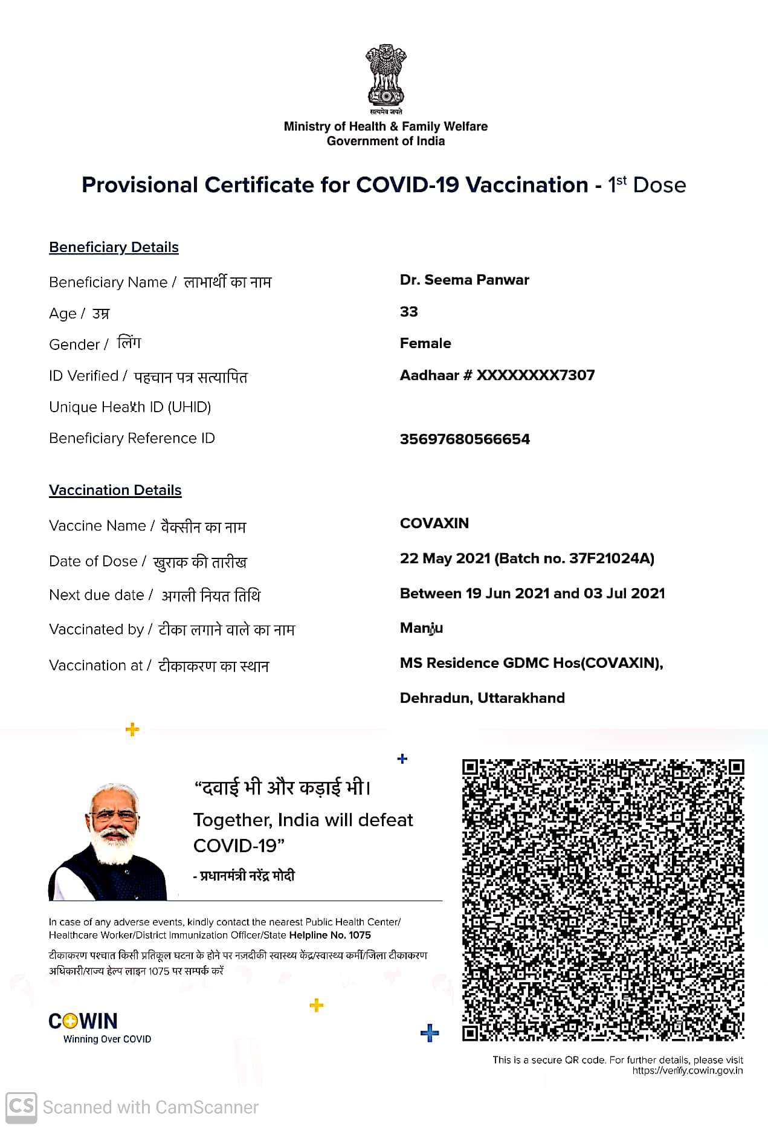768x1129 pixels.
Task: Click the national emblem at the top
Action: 385,76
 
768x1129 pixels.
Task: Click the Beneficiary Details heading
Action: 114,247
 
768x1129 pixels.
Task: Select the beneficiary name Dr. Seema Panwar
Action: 464,280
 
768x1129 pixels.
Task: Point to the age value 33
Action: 408,312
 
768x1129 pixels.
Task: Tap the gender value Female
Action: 425,343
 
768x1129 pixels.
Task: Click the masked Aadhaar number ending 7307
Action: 497,375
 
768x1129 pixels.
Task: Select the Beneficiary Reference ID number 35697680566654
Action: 465,439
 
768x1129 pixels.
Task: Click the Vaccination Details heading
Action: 115,490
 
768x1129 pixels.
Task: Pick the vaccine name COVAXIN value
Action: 434,523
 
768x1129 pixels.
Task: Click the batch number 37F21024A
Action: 610,558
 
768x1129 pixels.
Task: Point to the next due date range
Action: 532,594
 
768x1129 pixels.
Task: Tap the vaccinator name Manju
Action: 421,629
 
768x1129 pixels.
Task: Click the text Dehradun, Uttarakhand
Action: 482,698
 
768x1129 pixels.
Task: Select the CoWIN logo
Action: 83,1022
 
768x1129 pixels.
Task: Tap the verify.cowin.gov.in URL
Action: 687,1071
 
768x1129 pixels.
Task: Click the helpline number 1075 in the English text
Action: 360,935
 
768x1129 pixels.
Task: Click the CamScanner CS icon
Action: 21,1107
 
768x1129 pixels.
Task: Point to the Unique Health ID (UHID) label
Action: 130,407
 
